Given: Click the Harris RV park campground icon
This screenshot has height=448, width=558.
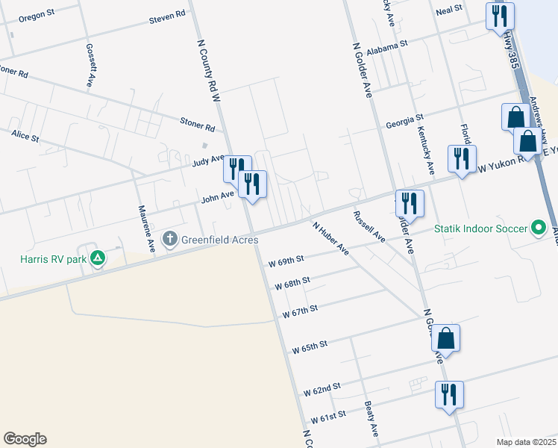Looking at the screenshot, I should [97, 259].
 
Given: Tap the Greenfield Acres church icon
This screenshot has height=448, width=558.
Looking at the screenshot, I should [170, 240].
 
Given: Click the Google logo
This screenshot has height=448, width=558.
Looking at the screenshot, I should [25, 439].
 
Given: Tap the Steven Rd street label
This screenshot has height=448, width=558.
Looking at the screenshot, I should [166, 16].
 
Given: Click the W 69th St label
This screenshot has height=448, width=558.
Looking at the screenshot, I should [286, 261].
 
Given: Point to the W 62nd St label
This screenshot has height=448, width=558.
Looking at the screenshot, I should [322, 388].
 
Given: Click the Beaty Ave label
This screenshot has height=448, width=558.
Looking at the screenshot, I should [370, 420].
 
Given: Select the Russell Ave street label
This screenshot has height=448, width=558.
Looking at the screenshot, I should [369, 225].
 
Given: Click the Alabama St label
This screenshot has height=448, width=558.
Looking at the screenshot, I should [392, 44].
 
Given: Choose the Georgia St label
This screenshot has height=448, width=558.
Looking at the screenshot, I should [404, 119].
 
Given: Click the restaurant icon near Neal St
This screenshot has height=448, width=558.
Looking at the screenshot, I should [500, 16].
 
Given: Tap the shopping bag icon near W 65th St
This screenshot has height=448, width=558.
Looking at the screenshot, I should [445, 337].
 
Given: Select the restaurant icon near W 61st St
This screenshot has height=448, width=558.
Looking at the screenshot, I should [449, 393].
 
